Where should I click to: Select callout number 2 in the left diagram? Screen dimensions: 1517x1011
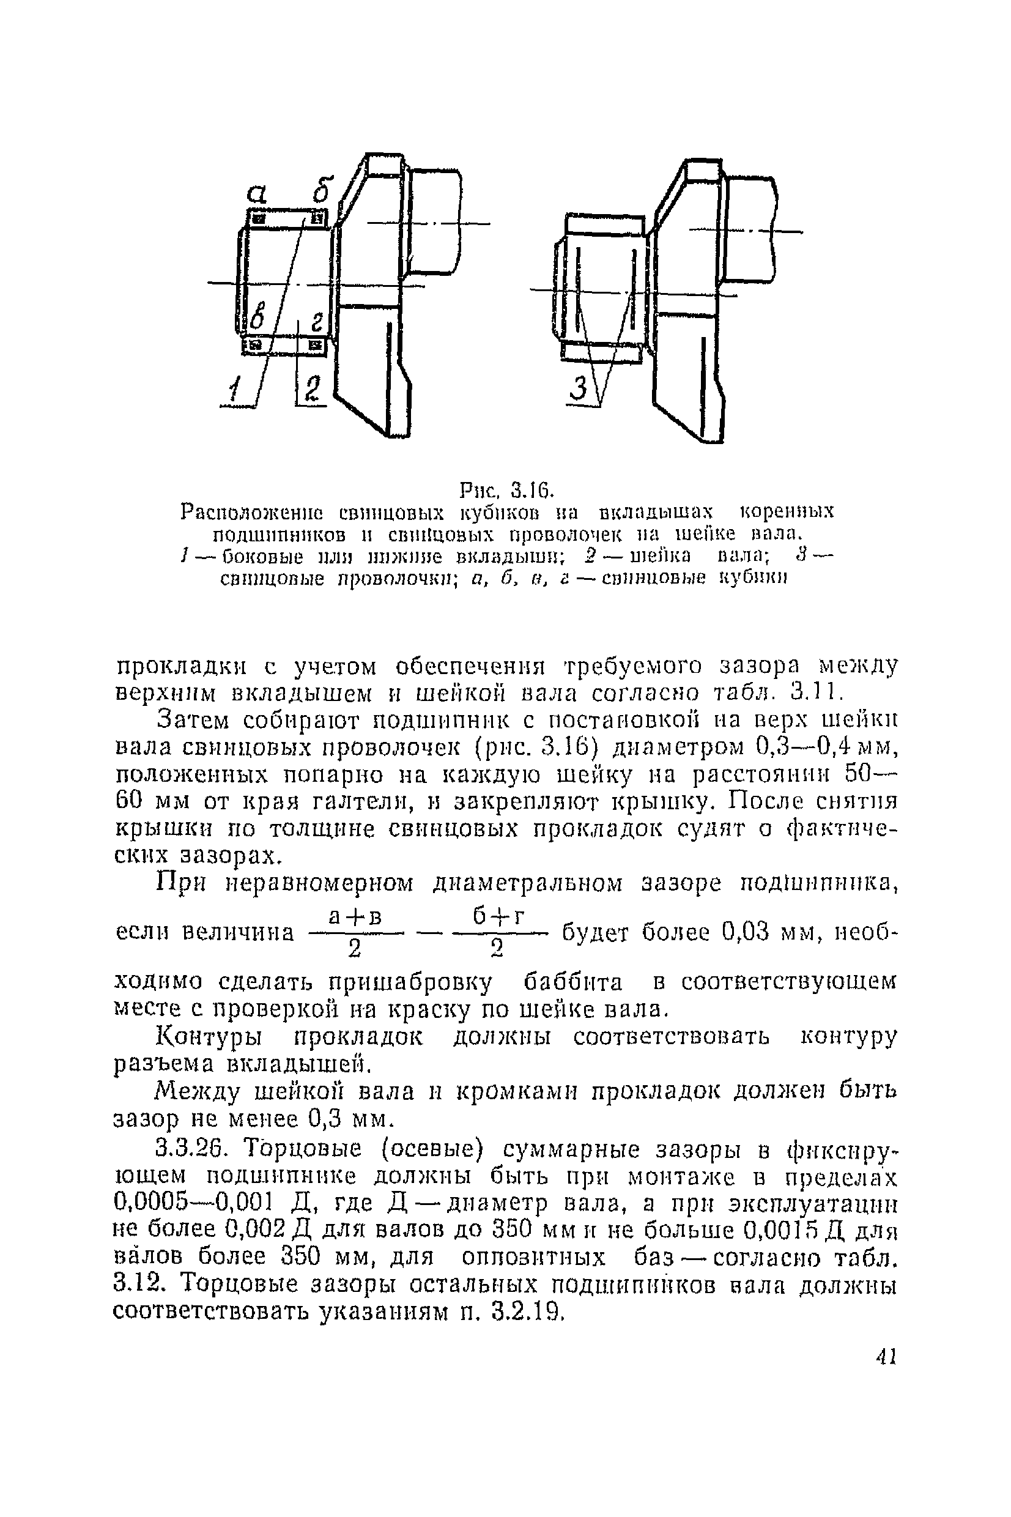point(312,391)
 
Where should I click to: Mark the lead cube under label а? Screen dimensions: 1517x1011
point(259,219)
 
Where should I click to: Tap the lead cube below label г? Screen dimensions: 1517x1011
point(317,346)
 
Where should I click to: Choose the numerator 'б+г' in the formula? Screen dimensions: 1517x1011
point(496,916)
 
